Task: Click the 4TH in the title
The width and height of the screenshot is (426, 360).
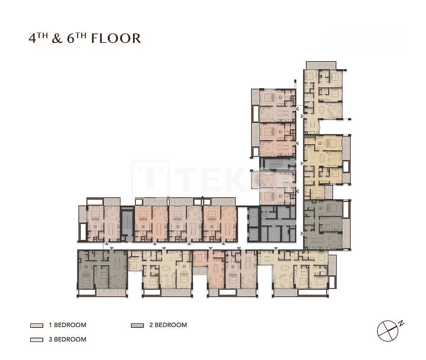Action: pos(38,38)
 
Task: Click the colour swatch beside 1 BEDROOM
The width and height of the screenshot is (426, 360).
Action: pos(37,325)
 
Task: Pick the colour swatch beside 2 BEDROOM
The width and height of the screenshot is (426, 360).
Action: pos(137,325)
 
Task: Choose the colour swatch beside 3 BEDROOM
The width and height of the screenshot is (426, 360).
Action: pos(37,340)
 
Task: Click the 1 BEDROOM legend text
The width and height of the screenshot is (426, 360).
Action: pos(67,325)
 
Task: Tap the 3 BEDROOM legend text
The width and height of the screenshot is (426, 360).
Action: pos(67,339)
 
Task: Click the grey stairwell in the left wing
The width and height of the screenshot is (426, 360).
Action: pos(127,224)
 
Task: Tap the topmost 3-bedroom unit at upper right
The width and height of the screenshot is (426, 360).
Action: pos(323,95)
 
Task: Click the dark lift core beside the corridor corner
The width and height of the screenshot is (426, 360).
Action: pos(253,225)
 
